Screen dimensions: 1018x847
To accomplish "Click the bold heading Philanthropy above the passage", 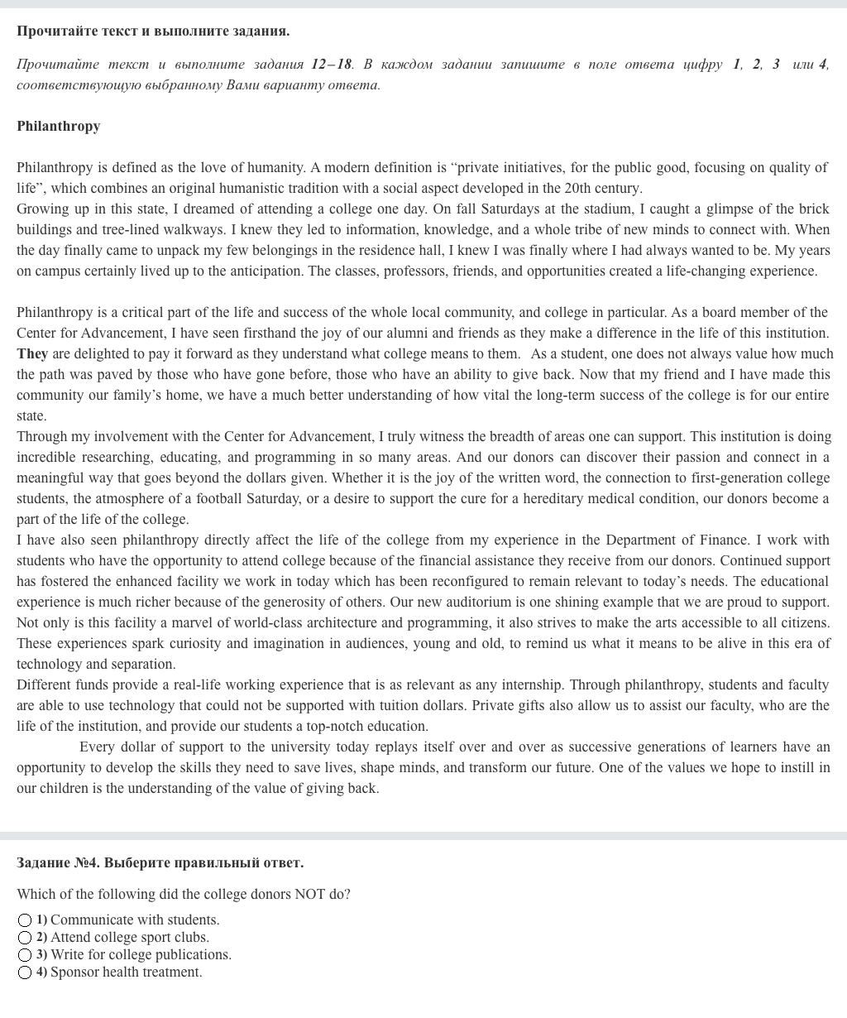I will (x=58, y=126).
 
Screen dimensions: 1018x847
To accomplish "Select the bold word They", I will (x=32, y=353).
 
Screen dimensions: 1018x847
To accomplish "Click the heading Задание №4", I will (x=57, y=862).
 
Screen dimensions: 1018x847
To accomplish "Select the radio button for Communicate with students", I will (x=25, y=920).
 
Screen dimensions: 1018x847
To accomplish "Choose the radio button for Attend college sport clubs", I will (x=25, y=938).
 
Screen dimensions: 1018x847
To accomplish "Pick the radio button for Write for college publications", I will (x=25, y=955).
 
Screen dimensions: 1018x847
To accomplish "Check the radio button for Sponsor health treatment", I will (x=25, y=972).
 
